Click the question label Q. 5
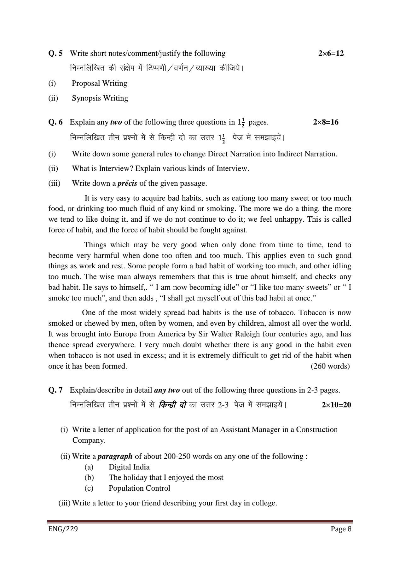coord(55,54)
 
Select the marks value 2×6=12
coord(331,54)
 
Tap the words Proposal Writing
coord(99,84)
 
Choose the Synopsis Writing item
coord(100,98)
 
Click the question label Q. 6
coord(55,122)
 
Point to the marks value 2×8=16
coord(326,122)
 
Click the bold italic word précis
coord(127,184)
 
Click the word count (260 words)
coord(330,366)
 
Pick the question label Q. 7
coord(55,390)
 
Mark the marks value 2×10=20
coord(336,405)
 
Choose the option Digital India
coord(129,467)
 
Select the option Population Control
coord(139,488)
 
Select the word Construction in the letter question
coord(316,430)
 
